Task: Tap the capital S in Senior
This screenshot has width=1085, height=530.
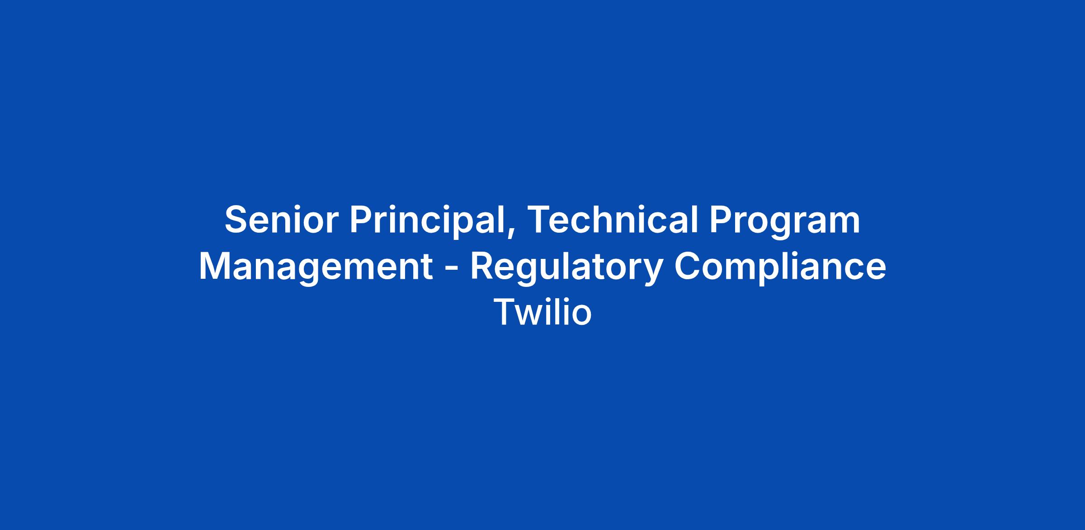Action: (x=238, y=220)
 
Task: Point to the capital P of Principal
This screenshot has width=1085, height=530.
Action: (x=362, y=220)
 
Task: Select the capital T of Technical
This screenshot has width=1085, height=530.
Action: (x=539, y=220)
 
